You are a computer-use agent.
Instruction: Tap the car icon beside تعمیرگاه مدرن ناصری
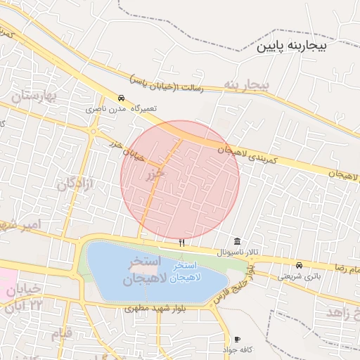tap(122, 98)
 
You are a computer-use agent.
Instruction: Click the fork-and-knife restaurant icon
tap(182, 243)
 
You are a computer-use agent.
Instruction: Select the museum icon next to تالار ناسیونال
tap(236, 241)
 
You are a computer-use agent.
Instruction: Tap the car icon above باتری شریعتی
tap(300, 266)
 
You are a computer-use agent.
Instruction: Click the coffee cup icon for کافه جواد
tap(237, 339)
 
